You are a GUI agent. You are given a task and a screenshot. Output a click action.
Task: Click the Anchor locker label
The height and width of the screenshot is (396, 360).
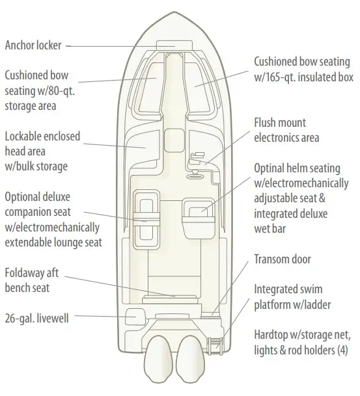coord(33,46)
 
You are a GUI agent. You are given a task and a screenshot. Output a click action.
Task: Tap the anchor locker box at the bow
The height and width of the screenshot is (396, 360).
coord(174,46)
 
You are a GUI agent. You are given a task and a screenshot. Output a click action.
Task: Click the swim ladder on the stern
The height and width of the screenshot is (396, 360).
coord(215,345)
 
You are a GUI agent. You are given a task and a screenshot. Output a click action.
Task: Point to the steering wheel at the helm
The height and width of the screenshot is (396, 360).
coord(195,176)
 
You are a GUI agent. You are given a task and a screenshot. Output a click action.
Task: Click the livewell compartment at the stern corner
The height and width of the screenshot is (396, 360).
coord(135,317)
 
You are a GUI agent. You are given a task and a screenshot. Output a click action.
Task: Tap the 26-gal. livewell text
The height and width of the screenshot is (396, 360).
coord(36,318)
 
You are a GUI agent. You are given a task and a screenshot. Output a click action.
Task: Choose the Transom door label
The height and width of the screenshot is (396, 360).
coord(283,259)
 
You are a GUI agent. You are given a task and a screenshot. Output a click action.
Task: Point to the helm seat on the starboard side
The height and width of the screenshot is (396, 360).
coord(198,218)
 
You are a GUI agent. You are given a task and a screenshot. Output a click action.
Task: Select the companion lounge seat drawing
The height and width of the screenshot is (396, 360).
coord(146,220)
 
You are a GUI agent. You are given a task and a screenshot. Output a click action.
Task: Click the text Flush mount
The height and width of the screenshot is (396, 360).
coord(280,122)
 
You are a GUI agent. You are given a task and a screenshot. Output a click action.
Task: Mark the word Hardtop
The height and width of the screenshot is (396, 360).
coord(271,335)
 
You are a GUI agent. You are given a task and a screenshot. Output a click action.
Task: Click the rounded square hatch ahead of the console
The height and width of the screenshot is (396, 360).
coord(174,140)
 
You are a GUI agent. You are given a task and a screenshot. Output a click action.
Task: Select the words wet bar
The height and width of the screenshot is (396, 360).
coord(270,228)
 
